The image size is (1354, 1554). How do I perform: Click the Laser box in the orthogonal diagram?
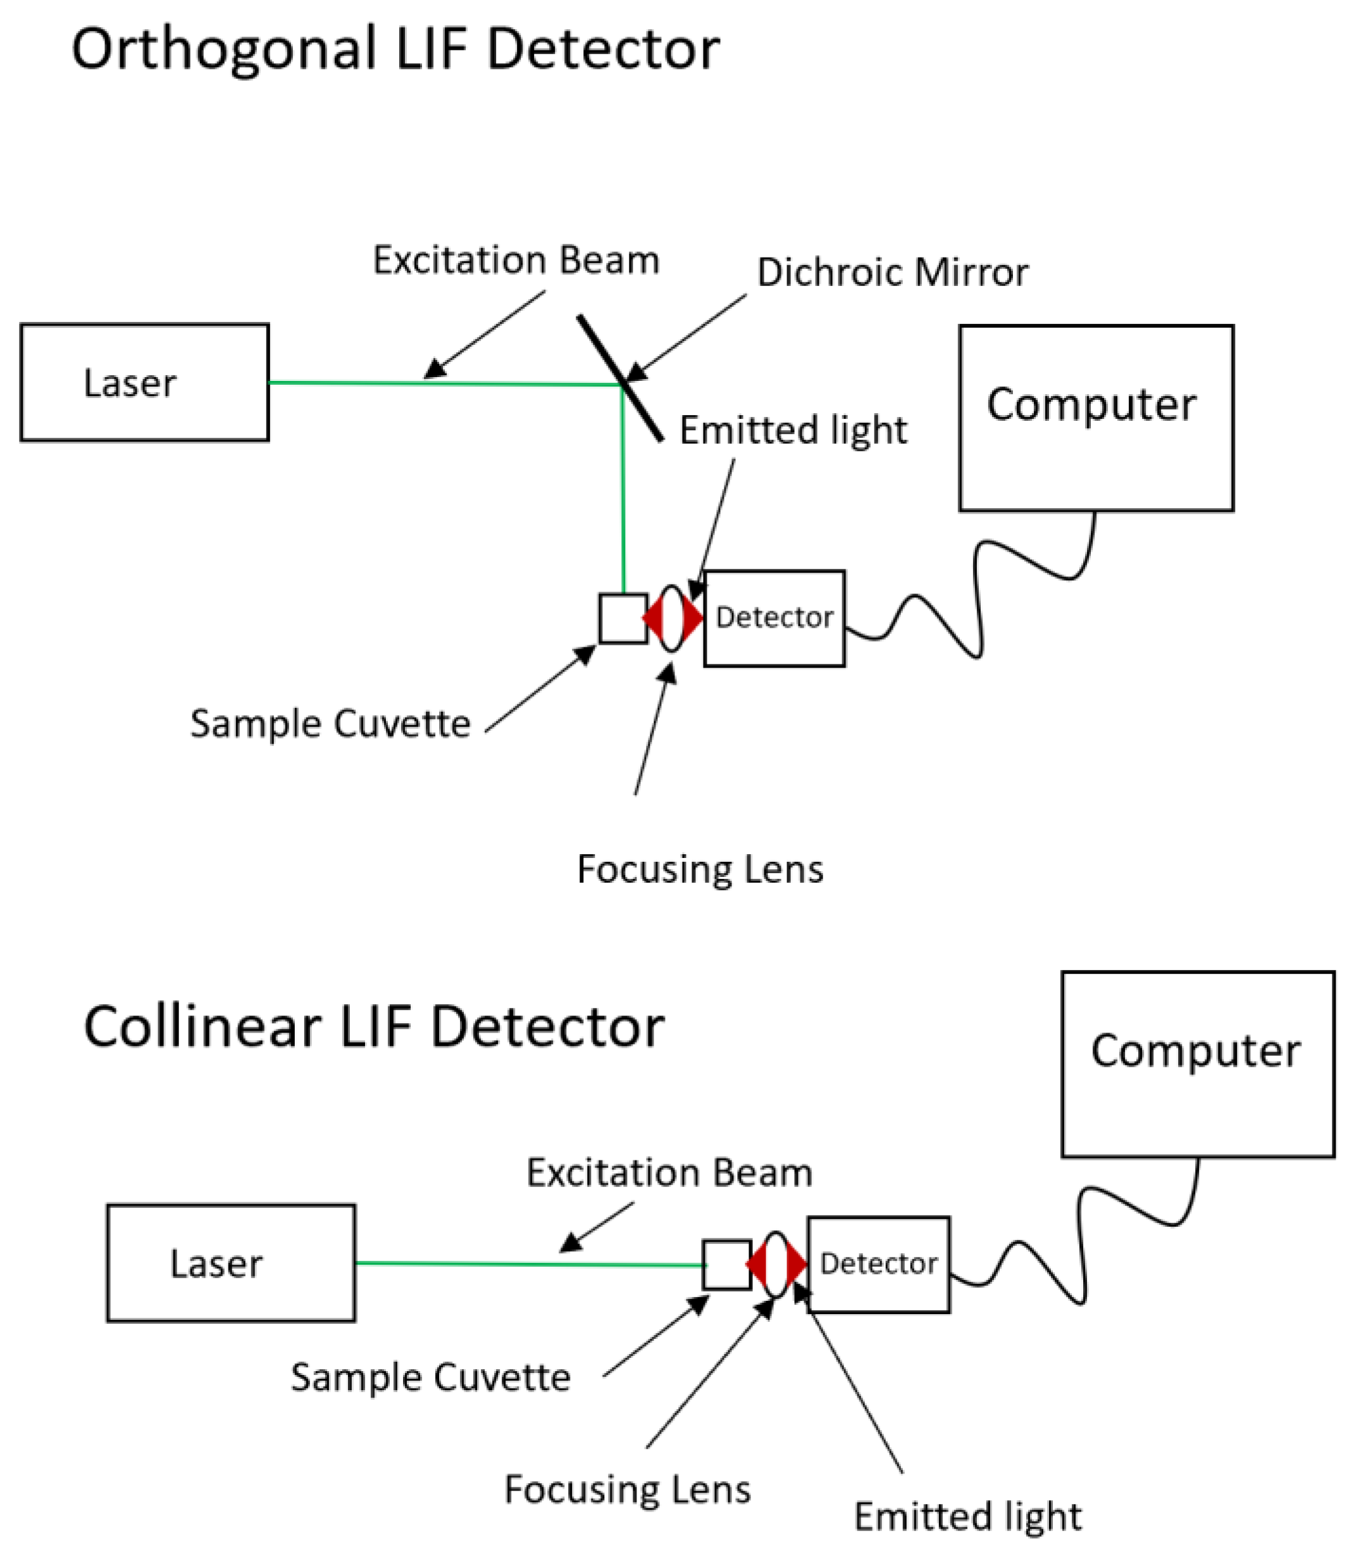(x=144, y=382)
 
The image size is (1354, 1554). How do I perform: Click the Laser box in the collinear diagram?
(x=230, y=1262)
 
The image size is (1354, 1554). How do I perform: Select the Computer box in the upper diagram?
(x=1096, y=418)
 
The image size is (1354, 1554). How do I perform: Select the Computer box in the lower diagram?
(x=1197, y=1064)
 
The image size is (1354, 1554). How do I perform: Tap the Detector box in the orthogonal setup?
(x=774, y=618)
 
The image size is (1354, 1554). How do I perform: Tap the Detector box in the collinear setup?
(x=878, y=1263)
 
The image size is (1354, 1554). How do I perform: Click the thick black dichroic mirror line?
(x=619, y=378)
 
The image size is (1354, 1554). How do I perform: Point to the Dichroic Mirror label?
(x=892, y=272)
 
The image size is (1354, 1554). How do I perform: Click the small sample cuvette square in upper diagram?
(x=623, y=619)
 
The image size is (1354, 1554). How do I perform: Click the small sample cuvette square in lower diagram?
(x=726, y=1265)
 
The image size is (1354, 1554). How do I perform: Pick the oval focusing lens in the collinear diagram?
(x=776, y=1264)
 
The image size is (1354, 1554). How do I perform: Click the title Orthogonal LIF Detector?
(x=395, y=49)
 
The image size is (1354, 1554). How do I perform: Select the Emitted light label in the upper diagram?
(x=793, y=430)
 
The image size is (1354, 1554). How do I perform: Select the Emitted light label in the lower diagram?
(x=967, y=1516)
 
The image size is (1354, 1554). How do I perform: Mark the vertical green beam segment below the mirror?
(x=623, y=491)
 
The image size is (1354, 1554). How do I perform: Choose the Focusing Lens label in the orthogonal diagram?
(x=700, y=869)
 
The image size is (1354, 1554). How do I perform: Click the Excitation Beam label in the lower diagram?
(x=669, y=1172)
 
